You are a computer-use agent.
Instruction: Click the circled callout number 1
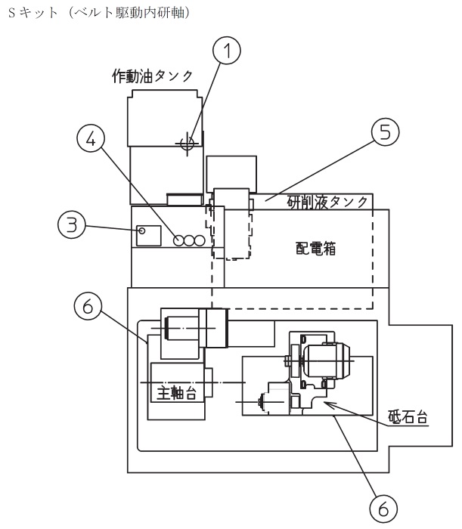227,51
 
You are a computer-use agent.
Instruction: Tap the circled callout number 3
72,224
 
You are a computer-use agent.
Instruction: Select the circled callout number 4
91,138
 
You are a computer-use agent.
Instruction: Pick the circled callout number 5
385,131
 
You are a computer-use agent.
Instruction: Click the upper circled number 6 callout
88,306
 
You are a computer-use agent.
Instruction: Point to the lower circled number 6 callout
383,509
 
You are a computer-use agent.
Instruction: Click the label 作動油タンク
152,76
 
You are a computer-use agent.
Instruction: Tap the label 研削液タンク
327,202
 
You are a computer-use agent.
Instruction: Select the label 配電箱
315,249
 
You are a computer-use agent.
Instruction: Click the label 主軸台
176,393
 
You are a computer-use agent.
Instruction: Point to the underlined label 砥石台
408,416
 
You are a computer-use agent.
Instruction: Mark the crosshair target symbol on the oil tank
188,144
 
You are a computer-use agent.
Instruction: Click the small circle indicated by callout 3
142,230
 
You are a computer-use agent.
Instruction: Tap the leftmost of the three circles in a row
178,240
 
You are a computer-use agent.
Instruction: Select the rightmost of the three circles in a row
200,240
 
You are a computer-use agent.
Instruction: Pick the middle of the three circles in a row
188,240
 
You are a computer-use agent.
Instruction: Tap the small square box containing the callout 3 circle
148,236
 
